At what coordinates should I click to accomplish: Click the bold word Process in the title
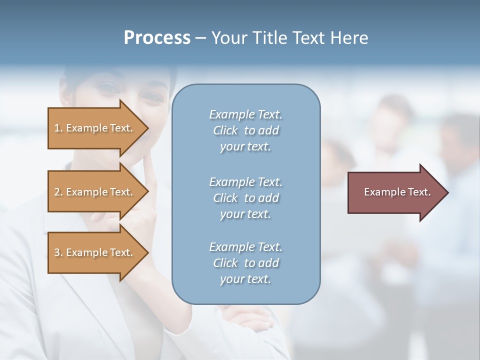point(157,38)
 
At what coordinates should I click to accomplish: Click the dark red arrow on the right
point(395,192)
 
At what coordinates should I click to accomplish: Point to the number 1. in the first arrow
point(58,128)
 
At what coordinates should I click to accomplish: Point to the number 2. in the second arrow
point(58,192)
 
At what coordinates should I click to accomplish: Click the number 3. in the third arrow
point(58,252)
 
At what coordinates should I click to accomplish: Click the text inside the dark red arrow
point(397,192)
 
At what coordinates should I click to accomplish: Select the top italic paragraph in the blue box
point(245,130)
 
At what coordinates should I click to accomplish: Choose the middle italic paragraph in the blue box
point(245,197)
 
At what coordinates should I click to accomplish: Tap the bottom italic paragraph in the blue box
point(245,263)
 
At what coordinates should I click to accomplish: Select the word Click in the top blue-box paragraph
point(225,131)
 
